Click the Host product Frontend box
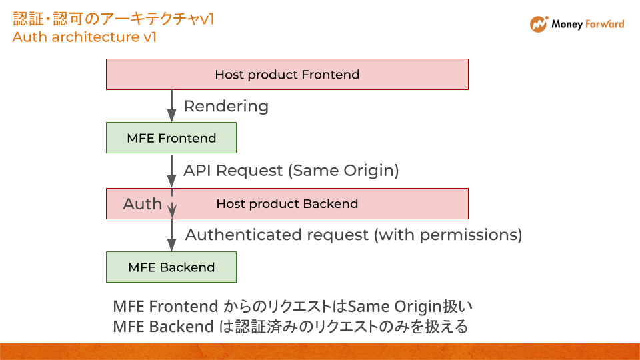tap(287, 74)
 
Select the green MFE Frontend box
tap(171, 138)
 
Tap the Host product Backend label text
tap(287, 204)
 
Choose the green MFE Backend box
tap(171, 267)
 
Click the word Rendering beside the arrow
tap(226, 106)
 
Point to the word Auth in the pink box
tap(143, 204)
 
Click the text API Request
tap(233, 171)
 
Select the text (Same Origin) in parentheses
tap(343, 171)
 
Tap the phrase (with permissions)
tap(447, 235)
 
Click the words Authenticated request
tap(277, 235)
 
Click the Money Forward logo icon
tap(538, 25)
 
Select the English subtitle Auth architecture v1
tap(85, 37)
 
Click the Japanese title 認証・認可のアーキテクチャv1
tap(113, 19)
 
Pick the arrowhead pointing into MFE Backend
tap(171, 246)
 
